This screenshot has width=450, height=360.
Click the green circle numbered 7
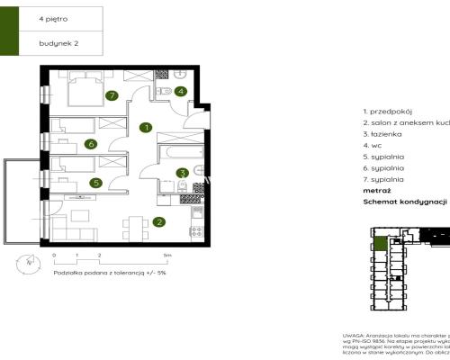click(112, 94)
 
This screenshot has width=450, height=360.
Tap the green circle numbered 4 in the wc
click(180, 91)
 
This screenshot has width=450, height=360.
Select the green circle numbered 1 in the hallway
click(145, 128)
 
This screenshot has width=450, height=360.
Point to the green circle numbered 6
click(91, 143)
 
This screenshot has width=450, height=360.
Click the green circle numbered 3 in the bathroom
click(181, 173)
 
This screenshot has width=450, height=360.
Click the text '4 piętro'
click(53, 18)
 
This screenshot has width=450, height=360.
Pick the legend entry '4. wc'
click(372, 145)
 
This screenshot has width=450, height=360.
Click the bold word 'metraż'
click(376, 191)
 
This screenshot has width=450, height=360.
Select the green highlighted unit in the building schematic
click(382, 243)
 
